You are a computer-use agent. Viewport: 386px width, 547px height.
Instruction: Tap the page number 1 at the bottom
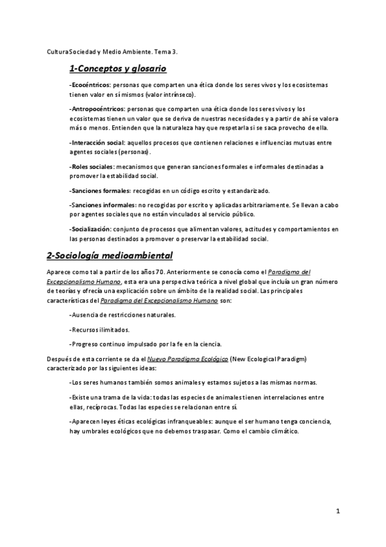click(337, 512)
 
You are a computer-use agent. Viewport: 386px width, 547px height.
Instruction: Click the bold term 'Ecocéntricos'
click(90, 85)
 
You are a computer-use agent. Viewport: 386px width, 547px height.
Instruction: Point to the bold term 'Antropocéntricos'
click(97, 109)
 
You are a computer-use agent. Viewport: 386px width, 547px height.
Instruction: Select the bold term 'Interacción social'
click(97, 142)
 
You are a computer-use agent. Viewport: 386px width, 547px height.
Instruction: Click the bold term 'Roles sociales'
click(92, 166)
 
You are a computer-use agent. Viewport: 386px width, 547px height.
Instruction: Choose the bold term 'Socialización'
click(90, 228)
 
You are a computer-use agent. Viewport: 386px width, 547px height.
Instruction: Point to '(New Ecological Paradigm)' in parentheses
click(268, 358)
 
